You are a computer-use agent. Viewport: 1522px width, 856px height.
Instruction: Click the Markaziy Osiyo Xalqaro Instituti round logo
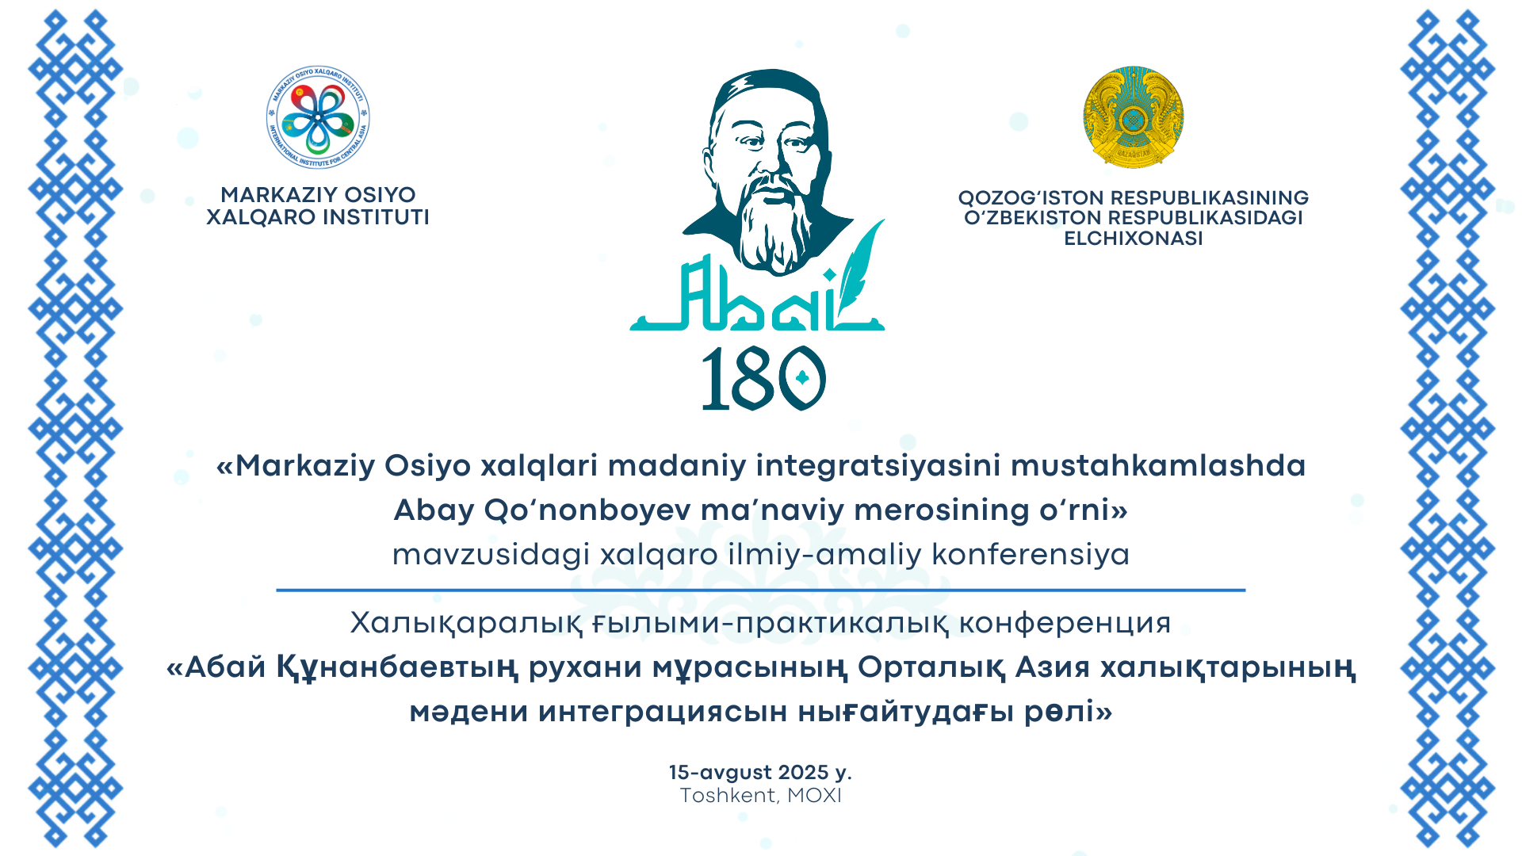(318, 117)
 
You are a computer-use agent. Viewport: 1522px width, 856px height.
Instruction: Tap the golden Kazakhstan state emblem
(1134, 117)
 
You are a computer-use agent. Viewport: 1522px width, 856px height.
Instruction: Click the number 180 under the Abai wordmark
(763, 379)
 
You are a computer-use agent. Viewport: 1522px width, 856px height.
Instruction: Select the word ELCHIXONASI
(1134, 239)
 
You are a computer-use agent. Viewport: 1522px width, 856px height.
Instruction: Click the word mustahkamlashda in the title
(1158, 465)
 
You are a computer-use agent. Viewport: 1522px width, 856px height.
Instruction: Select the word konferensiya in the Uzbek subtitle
(1031, 554)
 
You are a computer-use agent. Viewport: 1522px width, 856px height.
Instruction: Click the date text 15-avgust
(720, 772)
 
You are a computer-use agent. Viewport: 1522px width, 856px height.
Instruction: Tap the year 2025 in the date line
(803, 772)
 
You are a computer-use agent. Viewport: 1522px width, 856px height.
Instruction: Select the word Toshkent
(728, 795)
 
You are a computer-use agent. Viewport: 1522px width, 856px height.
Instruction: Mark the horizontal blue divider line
(761, 590)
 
